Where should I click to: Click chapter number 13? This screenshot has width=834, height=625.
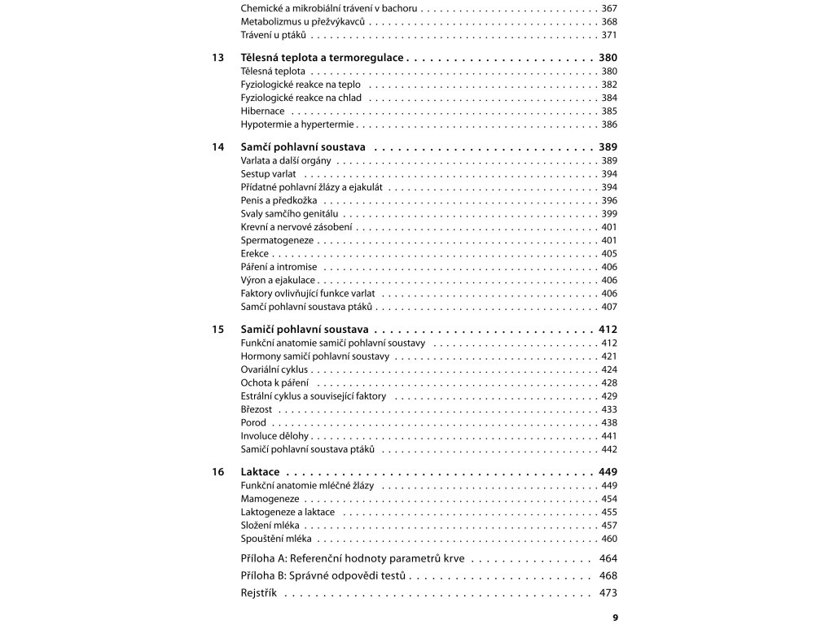click(x=217, y=59)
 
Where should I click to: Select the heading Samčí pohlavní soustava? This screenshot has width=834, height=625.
click(x=303, y=147)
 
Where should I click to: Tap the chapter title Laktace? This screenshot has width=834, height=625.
click(x=261, y=472)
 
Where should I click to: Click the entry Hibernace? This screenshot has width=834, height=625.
click(x=263, y=111)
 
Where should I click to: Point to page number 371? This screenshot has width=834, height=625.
click(x=609, y=35)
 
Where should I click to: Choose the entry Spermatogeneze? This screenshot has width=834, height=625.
click(x=277, y=240)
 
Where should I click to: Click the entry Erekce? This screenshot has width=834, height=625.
click(x=255, y=254)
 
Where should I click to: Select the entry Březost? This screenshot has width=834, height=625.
click(x=257, y=409)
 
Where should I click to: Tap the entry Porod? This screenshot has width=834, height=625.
click(x=253, y=423)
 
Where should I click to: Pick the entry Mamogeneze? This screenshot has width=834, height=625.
click(x=270, y=499)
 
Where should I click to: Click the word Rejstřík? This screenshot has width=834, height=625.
click(x=259, y=594)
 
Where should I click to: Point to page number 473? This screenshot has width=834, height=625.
click(x=608, y=594)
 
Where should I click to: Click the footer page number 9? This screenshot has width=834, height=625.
click(x=615, y=618)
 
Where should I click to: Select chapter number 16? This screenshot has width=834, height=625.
click(x=217, y=472)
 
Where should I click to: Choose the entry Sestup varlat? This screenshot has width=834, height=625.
click(x=268, y=174)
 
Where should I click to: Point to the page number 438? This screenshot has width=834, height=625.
click(x=609, y=423)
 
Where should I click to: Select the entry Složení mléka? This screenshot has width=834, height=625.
click(x=272, y=526)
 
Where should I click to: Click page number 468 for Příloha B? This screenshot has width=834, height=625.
click(x=608, y=576)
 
